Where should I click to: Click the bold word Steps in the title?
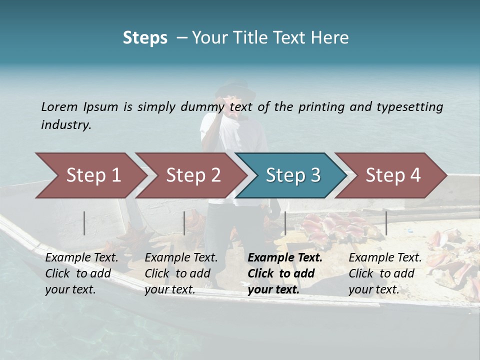click(145, 38)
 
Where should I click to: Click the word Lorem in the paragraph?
click(59, 106)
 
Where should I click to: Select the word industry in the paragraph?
click(66, 124)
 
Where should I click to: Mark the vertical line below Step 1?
click(84, 223)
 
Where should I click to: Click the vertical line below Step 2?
click(184, 223)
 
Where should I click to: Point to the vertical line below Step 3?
click(285, 223)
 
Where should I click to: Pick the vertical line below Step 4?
click(386, 223)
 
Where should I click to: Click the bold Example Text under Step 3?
click(285, 258)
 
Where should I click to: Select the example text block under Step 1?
click(81, 273)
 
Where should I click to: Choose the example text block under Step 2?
click(181, 273)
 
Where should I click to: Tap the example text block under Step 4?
click(385, 273)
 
